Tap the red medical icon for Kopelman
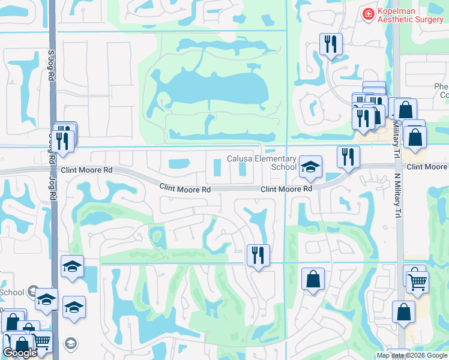(367, 13)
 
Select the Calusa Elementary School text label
(262, 163)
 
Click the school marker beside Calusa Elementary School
(310, 167)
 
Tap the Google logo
(20, 353)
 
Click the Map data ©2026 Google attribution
(412, 356)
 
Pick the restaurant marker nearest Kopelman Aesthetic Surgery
(330, 44)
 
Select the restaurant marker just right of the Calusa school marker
(348, 157)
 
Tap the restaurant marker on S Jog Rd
(62, 141)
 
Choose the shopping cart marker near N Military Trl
(418, 280)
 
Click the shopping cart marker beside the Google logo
(41, 341)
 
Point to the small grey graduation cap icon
(71, 344)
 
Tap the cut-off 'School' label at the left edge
(11, 292)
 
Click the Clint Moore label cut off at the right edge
(427, 166)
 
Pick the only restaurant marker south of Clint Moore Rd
(258, 256)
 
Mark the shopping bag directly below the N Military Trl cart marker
(403, 312)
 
